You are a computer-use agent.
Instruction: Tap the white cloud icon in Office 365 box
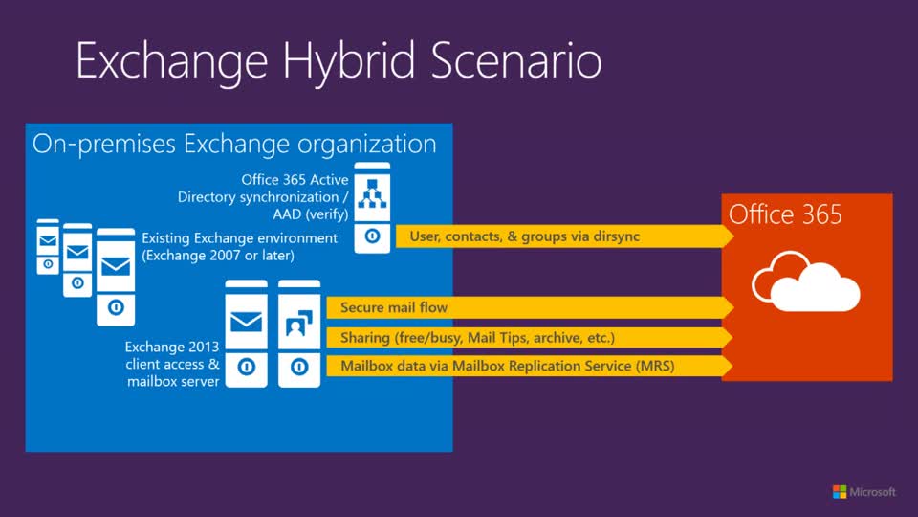[x=805, y=281]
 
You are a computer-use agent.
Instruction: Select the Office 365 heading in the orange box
[x=786, y=214]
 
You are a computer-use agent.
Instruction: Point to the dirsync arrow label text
[x=524, y=236]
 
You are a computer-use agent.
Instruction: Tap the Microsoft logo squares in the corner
[x=840, y=492]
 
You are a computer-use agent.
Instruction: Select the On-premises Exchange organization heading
[x=234, y=145]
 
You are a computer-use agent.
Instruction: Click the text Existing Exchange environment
[x=240, y=237]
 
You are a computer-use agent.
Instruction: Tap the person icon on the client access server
[x=299, y=325]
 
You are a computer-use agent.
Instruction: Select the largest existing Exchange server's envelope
[x=116, y=266]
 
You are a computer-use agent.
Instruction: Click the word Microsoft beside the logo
[x=873, y=492]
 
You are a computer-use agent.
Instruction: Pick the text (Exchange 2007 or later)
[x=217, y=256]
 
